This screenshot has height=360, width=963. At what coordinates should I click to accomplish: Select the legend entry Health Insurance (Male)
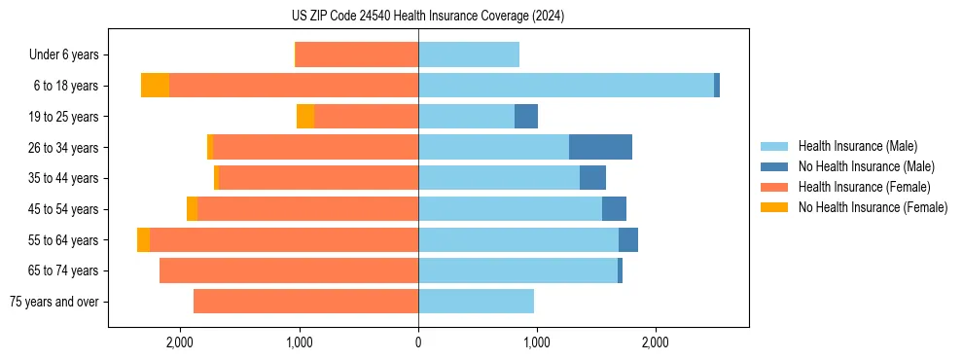coord(856,146)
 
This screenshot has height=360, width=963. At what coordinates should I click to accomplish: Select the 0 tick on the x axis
coord(418,342)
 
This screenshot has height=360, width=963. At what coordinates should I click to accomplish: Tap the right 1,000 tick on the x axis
coord(537,342)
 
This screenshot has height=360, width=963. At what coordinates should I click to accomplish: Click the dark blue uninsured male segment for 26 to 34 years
coord(600,147)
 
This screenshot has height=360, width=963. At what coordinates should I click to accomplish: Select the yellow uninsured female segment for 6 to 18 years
coord(155,86)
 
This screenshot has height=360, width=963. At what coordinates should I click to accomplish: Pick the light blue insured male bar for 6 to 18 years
coord(566,86)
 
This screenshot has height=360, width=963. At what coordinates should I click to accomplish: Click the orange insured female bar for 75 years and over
coord(306,302)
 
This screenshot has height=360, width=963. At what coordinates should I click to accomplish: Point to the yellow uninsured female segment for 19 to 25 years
coord(305,117)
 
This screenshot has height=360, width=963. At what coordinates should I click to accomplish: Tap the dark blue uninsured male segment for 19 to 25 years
coord(526,117)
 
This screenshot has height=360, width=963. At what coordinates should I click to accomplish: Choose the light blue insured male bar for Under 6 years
coord(469,54)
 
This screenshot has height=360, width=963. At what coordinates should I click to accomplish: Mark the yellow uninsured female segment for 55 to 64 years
coord(143,239)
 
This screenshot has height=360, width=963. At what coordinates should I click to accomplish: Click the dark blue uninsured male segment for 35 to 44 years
coord(592,178)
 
